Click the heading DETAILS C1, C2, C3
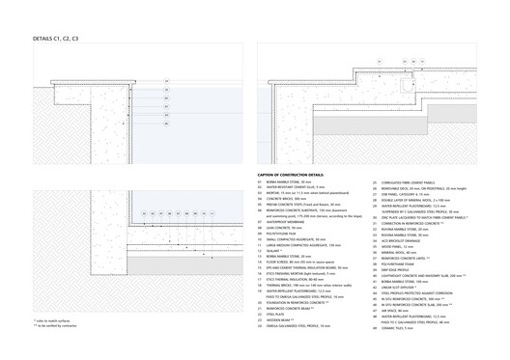[x=56, y=37]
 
